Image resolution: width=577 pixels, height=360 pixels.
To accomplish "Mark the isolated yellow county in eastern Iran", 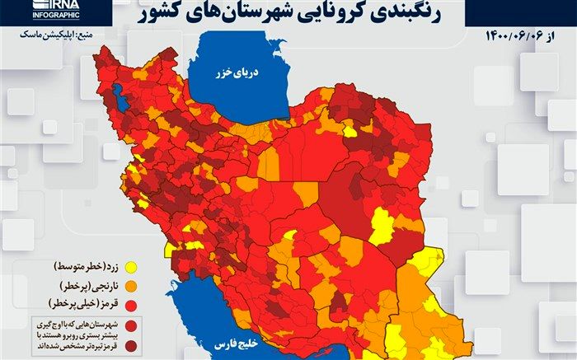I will click(x=381, y=226).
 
